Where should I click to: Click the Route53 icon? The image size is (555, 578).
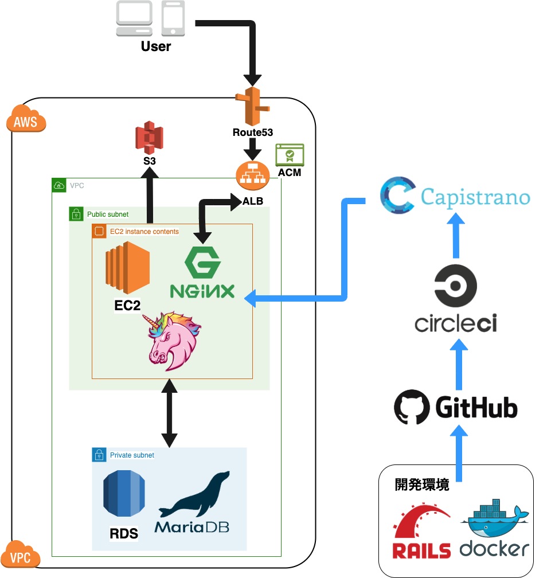[x=252, y=106]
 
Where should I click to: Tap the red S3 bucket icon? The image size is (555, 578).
[x=149, y=138]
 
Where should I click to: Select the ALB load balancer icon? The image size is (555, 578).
[x=252, y=177]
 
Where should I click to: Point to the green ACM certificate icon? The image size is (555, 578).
[x=290, y=155]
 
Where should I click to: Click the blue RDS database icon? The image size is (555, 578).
[x=124, y=495]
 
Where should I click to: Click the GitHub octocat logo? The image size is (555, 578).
[x=412, y=408]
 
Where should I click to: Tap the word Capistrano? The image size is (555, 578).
[x=475, y=197]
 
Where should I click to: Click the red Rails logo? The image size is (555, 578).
[x=422, y=530]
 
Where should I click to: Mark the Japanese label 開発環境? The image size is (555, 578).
[x=422, y=485]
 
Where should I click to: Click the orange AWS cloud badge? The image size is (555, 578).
[x=26, y=120]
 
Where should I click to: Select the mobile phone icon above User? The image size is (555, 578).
[x=173, y=18]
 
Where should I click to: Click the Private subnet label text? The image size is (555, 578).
[x=132, y=455]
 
